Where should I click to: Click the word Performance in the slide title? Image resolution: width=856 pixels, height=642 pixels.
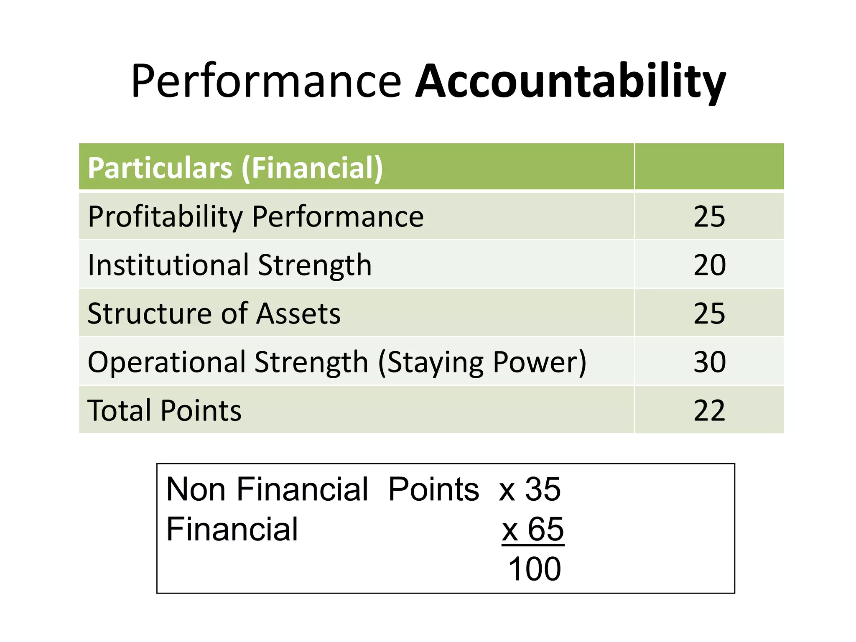tap(266, 82)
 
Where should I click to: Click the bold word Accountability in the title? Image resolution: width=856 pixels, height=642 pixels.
tap(570, 82)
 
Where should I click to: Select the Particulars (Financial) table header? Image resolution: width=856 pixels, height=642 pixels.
tap(235, 168)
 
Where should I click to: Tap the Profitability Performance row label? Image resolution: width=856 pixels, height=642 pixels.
tap(256, 217)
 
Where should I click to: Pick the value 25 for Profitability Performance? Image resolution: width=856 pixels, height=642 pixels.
tap(709, 217)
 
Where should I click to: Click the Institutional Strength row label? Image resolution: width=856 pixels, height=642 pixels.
tap(229, 265)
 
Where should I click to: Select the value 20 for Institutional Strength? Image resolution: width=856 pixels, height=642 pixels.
tap(709, 265)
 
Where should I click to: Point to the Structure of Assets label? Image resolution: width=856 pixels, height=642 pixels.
tap(214, 313)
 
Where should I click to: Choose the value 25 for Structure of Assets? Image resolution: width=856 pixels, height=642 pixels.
tap(709, 313)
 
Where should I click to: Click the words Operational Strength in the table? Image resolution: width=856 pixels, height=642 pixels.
tap(228, 362)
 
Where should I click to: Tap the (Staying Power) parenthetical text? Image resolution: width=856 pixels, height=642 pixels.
tap(482, 362)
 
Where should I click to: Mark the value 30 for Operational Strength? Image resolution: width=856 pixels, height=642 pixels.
tap(709, 362)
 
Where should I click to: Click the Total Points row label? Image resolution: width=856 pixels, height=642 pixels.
tap(165, 410)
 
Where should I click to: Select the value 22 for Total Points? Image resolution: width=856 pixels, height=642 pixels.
tap(709, 410)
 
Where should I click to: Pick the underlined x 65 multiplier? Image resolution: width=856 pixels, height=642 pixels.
tap(533, 529)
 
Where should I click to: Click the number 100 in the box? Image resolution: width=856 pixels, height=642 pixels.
tap(534, 569)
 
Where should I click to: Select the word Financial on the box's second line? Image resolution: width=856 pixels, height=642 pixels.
tap(232, 529)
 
